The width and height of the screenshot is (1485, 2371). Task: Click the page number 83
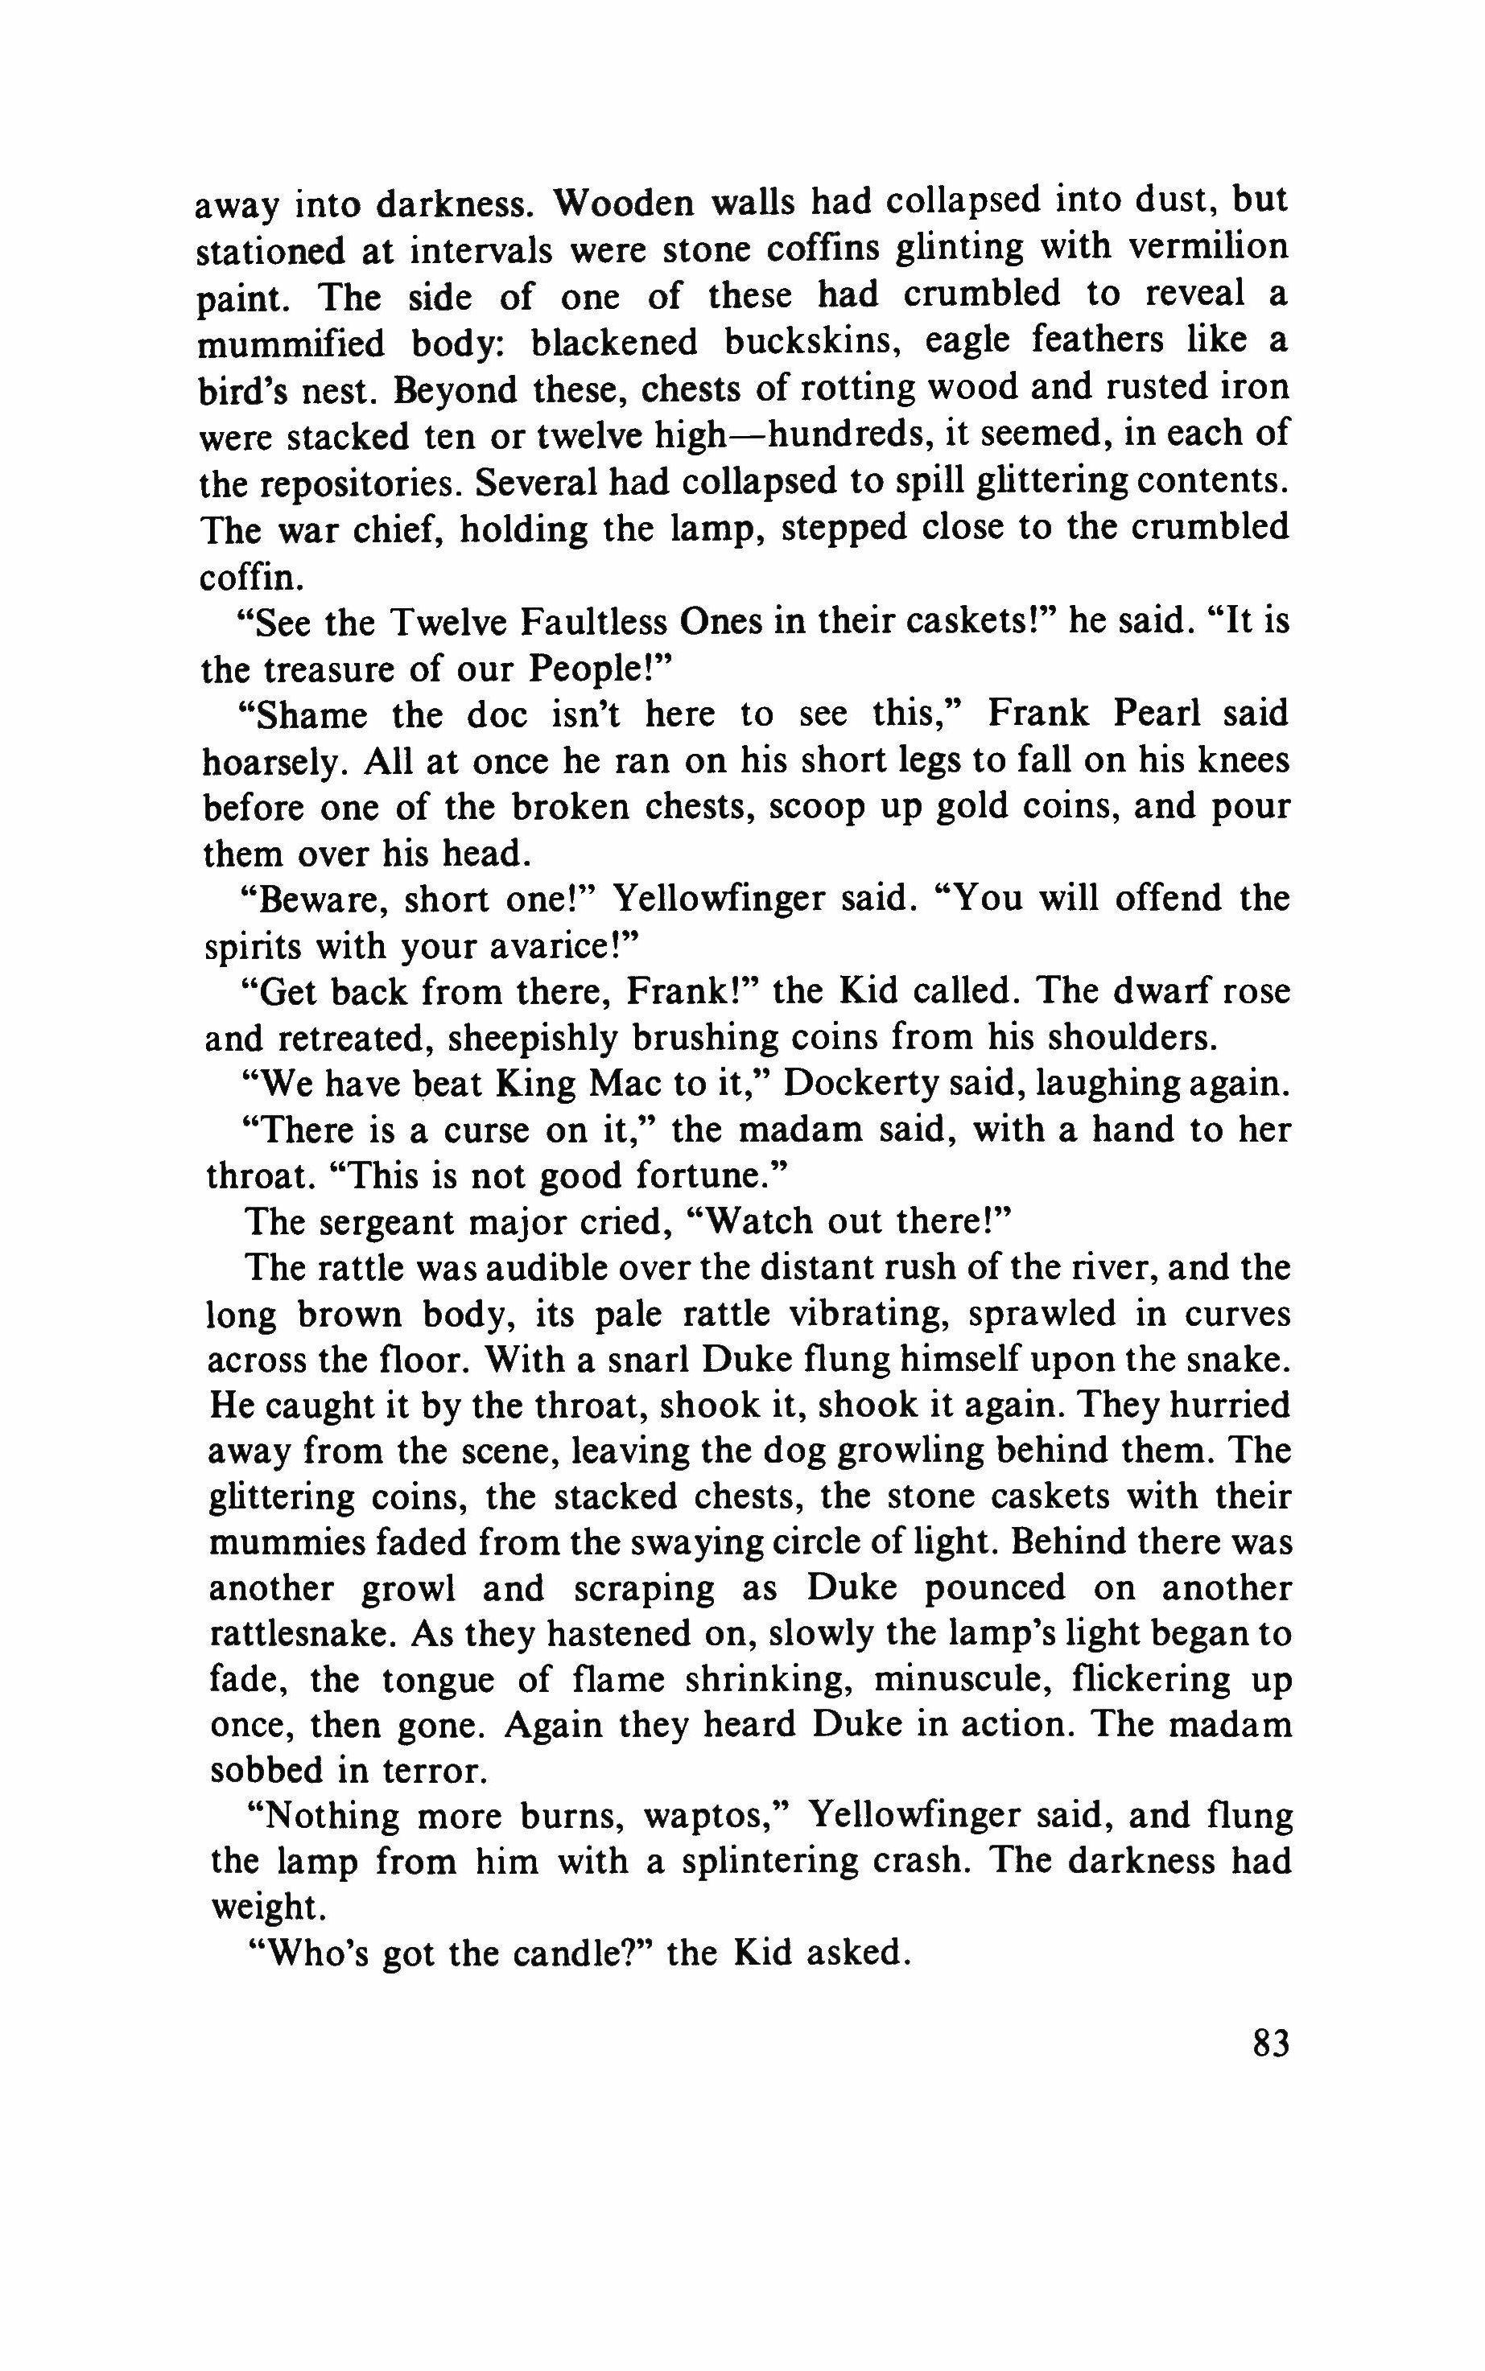(1271, 2043)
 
